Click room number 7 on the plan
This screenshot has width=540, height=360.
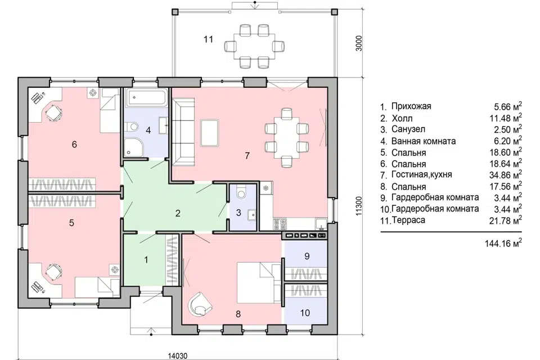pos(247,156)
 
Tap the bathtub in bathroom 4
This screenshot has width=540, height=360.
pos(147,97)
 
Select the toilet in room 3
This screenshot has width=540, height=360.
pos(241,192)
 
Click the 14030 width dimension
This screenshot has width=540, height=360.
pos(178,355)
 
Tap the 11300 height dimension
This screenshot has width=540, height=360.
pos(359,206)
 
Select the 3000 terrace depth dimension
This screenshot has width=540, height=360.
pos(359,43)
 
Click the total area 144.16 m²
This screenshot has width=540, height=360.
pos(503,243)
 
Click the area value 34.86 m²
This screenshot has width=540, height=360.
pos(505,175)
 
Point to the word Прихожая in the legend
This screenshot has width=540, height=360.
pos(411,106)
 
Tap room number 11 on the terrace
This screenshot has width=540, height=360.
pos(208,39)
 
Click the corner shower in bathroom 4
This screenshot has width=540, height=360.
pos(133,147)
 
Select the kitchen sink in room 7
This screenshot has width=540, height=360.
pos(321,224)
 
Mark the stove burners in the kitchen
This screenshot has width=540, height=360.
pos(280,224)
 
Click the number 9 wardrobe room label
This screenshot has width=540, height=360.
pos(307,256)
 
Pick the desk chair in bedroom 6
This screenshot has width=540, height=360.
pos(54,112)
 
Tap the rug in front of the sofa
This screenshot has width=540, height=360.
pos(210,133)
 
